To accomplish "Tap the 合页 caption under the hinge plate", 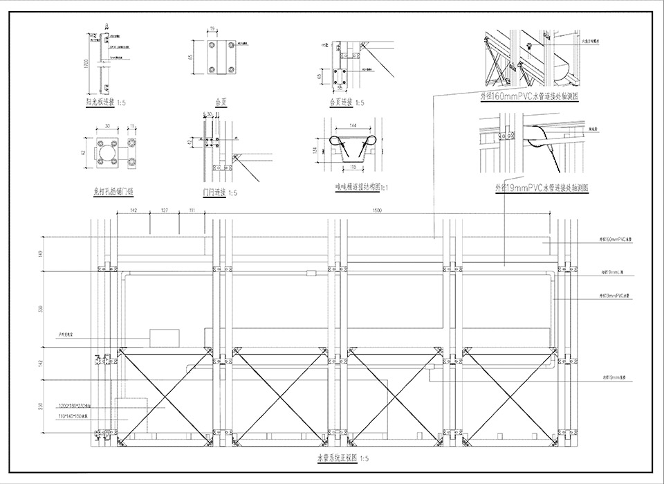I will tap(221, 102).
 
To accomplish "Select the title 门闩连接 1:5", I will tap(219, 192).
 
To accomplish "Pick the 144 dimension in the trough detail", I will tap(353, 126).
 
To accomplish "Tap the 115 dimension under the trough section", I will tap(353, 167).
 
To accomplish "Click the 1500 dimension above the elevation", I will tap(377, 209).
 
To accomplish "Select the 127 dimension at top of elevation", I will tap(165, 209).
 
